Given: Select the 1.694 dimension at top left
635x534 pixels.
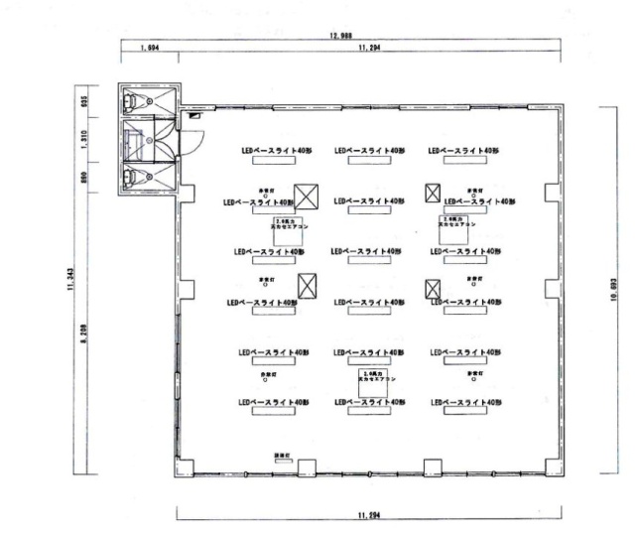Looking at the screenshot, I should [150, 47].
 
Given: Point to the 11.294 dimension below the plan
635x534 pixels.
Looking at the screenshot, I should [369, 516].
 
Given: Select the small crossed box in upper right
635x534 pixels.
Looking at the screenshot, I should [433, 193].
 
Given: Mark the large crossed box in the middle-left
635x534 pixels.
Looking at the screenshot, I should [308, 287].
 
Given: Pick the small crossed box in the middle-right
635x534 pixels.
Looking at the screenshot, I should [433, 290].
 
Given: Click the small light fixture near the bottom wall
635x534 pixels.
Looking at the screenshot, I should [279, 457].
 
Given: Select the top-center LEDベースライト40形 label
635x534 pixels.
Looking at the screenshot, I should [369, 151].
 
